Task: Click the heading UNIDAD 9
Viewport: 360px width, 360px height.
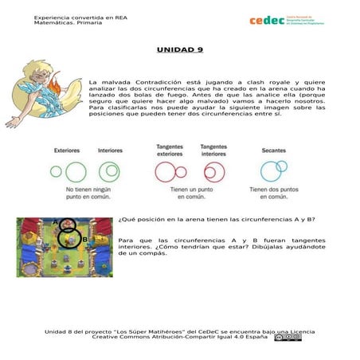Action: pyautogui.click(x=179, y=49)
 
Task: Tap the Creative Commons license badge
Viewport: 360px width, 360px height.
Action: pyautogui.click(x=288, y=337)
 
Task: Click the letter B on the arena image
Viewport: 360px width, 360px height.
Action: pyautogui.click(x=84, y=239)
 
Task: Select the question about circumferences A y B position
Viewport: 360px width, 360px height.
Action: pyautogui.click(x=217, y=220)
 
